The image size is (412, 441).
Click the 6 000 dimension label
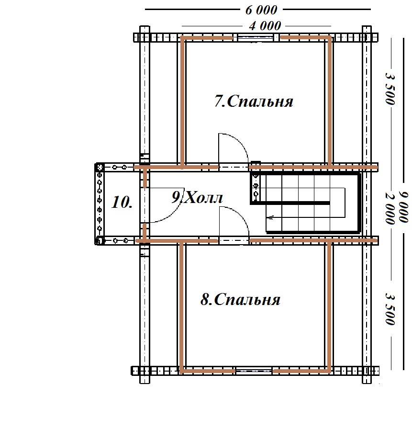(261, 10)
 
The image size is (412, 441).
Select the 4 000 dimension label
(265, 26)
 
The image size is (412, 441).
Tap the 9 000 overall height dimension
(404, 207)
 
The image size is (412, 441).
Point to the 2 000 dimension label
(390, 208)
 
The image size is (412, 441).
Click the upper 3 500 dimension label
(390, 89)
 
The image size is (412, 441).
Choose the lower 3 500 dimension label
(390, 309)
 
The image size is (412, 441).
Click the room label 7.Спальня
(254, 101)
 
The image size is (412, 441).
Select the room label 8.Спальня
(240, 299)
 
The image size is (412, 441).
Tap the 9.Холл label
(197, 197)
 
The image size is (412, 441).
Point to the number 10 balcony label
(122, 202)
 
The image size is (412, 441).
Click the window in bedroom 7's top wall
(256, 37)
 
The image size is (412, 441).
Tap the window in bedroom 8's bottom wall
(254, 371)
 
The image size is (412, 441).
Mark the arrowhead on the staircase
(271, 217)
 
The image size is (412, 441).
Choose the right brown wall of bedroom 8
(329, 306)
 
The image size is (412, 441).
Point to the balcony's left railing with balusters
(100, 204)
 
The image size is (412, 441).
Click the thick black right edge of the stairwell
(359, 204)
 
